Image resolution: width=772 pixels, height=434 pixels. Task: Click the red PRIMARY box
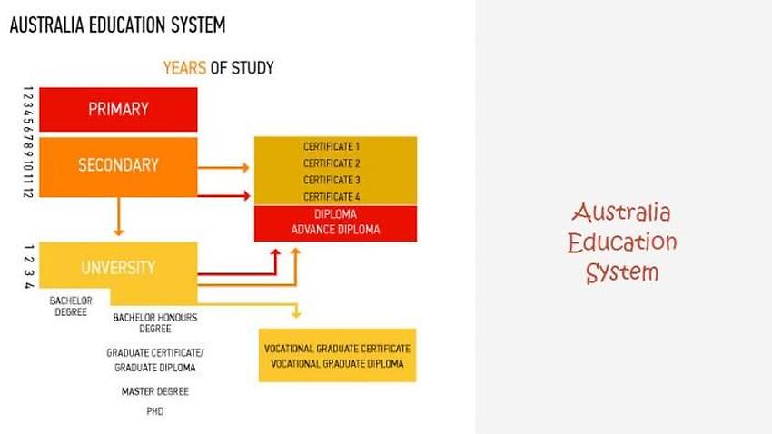point(118,109)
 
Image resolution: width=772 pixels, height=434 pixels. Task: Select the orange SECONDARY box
point(118,165)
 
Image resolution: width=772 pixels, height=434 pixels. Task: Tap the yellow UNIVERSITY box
point(118,268)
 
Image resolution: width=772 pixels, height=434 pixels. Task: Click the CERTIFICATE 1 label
point(332,146)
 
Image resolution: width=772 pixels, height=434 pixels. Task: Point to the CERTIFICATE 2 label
point(332,163)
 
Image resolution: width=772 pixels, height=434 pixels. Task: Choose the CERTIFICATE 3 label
point(332,180)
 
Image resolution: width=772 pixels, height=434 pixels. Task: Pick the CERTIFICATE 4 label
point(332,196)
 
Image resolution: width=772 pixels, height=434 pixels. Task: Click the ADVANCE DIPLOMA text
point(335,230)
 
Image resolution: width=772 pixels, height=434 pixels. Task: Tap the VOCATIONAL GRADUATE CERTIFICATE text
point(337,349)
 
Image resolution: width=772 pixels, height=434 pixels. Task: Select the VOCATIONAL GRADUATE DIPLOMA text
point(337,364)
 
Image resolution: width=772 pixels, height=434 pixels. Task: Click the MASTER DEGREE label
point(155,392)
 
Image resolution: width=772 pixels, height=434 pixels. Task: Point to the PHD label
point(155,411)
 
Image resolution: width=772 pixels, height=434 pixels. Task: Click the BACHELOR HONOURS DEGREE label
point(155,322)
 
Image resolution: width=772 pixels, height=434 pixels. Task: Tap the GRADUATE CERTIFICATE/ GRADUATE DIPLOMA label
point(155,360)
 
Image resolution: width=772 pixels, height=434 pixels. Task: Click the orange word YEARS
point(184,68)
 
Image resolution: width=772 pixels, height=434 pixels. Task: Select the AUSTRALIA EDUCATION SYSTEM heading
point(117,25)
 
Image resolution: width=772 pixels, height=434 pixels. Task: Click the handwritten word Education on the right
point(622,243)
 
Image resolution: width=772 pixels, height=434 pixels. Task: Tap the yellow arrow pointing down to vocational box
point(296,311)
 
